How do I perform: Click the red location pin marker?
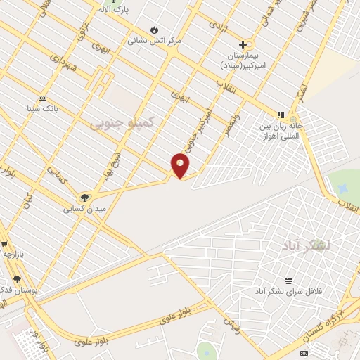tap(180, 165)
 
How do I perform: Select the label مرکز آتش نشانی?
tap(154, 41)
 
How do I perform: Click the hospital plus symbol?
tap(243, 44)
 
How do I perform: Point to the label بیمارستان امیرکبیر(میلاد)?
tap(243, 60)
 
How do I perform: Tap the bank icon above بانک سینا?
tap(42, 98)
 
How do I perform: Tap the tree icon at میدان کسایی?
tap(85, 198)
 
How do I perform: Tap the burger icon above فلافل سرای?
tap(288, 280)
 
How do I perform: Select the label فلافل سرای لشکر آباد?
tap(288, 290)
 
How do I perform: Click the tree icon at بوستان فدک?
tap(17, 279)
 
